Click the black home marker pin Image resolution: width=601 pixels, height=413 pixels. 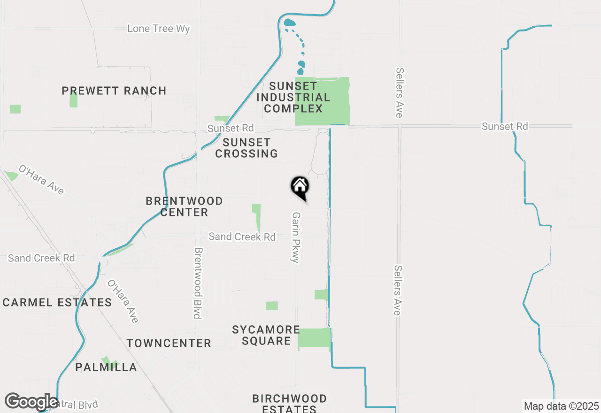click(x=300, y=187)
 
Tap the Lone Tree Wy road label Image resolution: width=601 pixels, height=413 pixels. click(x=159, y=29)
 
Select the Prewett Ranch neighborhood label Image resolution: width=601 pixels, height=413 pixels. click(x=114, y=91)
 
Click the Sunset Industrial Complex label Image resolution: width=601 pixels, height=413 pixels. click(x=293, y=98)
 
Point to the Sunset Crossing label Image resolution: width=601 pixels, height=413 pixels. click(x=247, y=148)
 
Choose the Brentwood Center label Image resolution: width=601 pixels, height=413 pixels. click(x=184, y=206)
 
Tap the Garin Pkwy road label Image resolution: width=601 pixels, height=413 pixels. click(x=296, y=237)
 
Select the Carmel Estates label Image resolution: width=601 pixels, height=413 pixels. click(x=57, y=302)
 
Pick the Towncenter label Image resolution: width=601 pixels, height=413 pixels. click(x=169, y=344)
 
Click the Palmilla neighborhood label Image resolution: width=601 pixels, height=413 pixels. click(x=106, y=367)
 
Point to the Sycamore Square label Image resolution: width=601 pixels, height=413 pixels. click(x=266, y=335)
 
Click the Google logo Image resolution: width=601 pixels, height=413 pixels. click(x=32, y=402)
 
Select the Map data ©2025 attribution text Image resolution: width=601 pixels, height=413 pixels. click(x=561, y=406)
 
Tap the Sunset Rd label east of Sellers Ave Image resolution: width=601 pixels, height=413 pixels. click(x=505, y=126)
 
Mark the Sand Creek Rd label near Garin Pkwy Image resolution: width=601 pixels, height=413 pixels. click(x=242, y=237)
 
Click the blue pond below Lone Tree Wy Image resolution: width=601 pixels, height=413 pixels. click(x=289, y=22)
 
